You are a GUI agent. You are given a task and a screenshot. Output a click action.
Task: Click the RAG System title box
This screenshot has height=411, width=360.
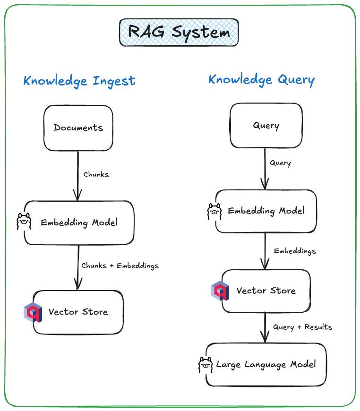pyautogui.click(x=179, y=33)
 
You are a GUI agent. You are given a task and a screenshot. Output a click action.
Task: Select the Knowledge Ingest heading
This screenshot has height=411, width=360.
pyautogui.click(x=79, y=81)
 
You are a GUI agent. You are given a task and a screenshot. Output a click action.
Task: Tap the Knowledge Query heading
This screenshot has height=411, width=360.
pyautogui.click(x=261, y=80)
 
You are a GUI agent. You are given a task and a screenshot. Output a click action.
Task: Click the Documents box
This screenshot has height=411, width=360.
pyautogui.click(x=78, y=128)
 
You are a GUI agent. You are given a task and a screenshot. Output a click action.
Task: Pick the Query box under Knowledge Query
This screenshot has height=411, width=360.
pyautogui.click(x=266, y=125)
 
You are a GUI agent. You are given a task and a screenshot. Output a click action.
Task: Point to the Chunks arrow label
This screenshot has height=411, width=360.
pyautogui.click(x=96, y=174)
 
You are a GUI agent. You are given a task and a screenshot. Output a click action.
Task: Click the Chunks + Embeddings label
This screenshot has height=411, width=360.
pyautogui.click(x=120, y=265)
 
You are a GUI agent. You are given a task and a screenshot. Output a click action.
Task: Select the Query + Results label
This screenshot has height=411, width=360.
pyautogui.click(x=302, y=327)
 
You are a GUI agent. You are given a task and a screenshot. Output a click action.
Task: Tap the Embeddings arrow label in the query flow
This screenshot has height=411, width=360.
pyautogui.click(x=295, y=251)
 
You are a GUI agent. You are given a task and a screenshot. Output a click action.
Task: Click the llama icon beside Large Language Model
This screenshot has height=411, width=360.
pyautogui.click(x=206, y=365)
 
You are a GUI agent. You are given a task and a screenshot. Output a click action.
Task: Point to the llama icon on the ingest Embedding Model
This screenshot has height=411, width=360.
pyautogui.click(x=24, y=222)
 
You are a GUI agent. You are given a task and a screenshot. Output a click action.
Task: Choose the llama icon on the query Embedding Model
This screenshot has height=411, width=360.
pyautogui.click(x=214, y=211)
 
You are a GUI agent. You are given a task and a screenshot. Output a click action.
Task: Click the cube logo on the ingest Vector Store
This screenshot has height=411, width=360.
pyautogui.click(x=33, y=312)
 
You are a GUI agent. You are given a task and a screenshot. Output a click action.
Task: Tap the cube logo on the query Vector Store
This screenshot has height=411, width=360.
pyautogui.click(x=220, y=291)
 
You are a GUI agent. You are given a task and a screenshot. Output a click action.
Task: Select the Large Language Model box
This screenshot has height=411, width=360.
pyautogui.click(x=266, y=365)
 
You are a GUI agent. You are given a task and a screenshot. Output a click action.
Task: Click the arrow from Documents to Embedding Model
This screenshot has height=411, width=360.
pyautogui.click(x=78, y=176)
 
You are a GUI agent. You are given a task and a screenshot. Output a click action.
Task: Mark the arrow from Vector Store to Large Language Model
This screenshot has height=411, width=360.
pyautogui.click(x=265, y=327)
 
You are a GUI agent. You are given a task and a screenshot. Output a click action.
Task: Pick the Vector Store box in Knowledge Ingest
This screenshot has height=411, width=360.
pyautogui.click(x=78, y=312)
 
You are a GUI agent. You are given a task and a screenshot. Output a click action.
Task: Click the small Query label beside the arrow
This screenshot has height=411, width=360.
pyautogui.click(x=280, y=163)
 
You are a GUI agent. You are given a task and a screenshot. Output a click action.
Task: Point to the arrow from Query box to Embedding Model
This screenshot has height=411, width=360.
pyautogui.click(x=265, y=169)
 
